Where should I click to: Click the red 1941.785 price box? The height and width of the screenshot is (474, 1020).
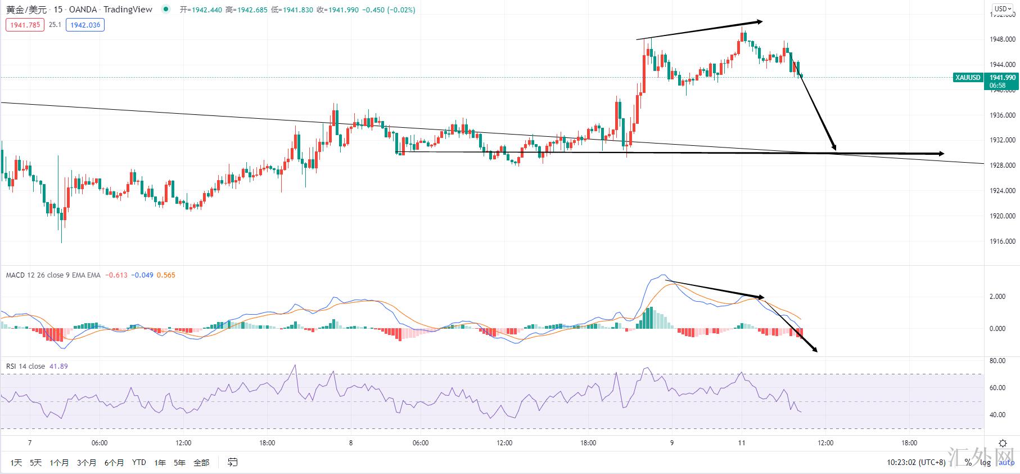pyautogui.click(x=25, y=25)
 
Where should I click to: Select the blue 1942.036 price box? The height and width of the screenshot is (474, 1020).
pyautogui.click(x=85, y=25)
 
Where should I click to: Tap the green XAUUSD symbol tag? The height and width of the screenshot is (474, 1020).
pyautogui.click(x=967, y=78)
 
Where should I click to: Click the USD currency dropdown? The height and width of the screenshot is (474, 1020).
pyautogui.click(x=1002, y=8)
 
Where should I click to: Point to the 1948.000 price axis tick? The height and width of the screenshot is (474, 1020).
pyautogui.click(x=1002, y=39)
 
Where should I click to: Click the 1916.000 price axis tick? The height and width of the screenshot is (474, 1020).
pyautogui.click(x=1002, y=242)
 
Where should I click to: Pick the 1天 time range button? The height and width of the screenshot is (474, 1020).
pyautogui.click(x=16, y=463)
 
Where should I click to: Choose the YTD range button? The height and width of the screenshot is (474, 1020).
pyautogui.click(x=139, y=463)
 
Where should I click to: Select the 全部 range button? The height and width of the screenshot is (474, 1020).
pyautogui.click(x=201, y=463)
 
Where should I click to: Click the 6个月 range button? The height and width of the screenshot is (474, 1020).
pyautogui.click(x=114, y=463)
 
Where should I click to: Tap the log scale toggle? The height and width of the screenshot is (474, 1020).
pyautogui.click(x=985, y=463)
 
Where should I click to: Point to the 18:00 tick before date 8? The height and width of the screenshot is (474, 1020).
pyautogui.click(x=267, y=443)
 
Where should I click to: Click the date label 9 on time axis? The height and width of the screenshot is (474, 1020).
pyautogui.click(x=671, y=443)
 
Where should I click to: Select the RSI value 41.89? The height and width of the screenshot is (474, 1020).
pyautogui.click(x=58, y=366)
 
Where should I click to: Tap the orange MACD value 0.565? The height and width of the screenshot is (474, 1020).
pyautogui.click(x=166, y=275)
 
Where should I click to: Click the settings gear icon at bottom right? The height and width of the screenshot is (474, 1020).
pyautogui.click(x=1003, y=444)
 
